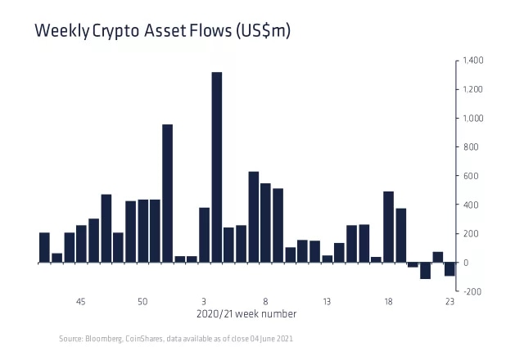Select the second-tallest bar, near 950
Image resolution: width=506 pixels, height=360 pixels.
167,193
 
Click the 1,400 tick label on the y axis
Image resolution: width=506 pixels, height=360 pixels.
473,61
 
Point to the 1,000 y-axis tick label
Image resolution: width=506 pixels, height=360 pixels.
473,119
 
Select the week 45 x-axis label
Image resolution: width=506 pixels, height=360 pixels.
81,302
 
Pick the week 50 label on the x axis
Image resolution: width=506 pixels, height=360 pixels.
142,302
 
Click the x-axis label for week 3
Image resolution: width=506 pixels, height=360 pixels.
204,302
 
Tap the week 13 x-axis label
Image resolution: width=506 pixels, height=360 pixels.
327,302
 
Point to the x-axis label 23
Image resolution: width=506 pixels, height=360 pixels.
450,302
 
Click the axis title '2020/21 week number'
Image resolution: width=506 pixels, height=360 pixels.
247,314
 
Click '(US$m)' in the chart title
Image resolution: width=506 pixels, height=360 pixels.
263,32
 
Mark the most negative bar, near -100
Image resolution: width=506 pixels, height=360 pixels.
425,271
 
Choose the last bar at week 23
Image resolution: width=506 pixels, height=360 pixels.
450,269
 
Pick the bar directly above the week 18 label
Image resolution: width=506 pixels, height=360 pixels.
388,227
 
